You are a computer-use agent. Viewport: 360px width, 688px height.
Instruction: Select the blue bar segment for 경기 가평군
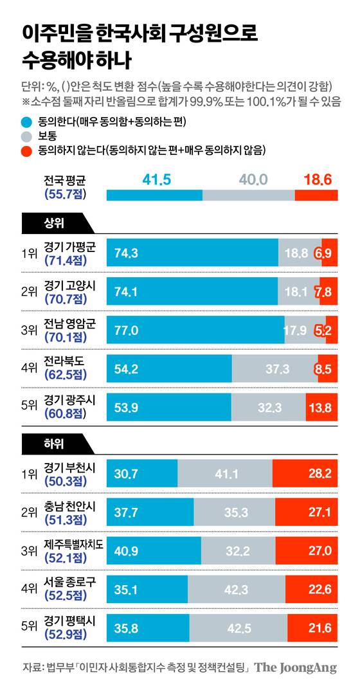point(192,253)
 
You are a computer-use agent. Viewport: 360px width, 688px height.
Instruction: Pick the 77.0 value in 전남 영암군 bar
point(127,330)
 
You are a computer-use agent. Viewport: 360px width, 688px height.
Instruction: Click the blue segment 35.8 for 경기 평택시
point(148,628)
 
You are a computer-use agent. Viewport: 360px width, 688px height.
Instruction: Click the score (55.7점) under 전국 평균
point(66,193)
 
